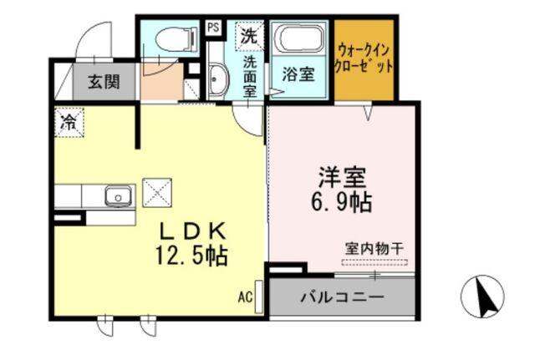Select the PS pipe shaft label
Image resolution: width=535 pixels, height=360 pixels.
(x=213, y=27)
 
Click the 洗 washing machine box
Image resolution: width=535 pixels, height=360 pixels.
(x=248, y=35)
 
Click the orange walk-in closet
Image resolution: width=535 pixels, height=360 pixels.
(x=363, y=58)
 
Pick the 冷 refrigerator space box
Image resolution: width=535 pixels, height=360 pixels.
(x=67, y=122)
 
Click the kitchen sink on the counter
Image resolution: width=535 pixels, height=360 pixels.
(x=117, y=196)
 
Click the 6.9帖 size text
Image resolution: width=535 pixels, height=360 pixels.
(x=344, y=201)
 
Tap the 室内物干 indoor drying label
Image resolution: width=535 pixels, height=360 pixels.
(x=374, y=248)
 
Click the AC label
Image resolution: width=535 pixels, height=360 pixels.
(x=245, y=296)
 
